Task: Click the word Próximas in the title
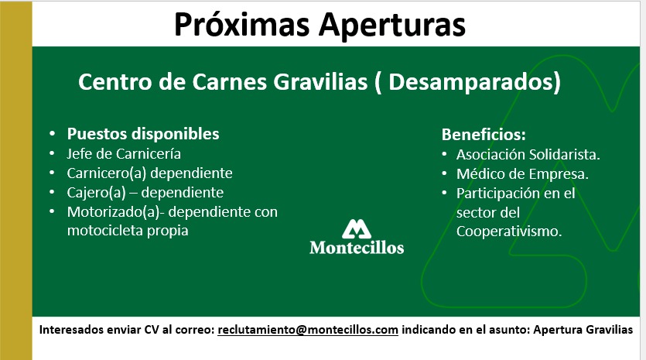[x=241, y=25]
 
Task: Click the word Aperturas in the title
[x=392, y=25]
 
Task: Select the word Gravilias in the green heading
[x=320, y=81]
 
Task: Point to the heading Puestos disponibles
[x=143, y=134]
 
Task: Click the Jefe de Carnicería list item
[x=124, y=153]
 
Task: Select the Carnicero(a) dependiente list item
[x=149, y=173]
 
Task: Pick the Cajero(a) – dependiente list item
[x=145, y=192]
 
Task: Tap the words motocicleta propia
[x=128, y=231]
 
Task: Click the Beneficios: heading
[x=484, y=135]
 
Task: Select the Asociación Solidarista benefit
[x=528, y=155]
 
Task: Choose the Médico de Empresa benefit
[x=522, y=174]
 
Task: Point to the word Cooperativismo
[x=509, y=231]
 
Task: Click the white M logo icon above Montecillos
[x=357, y=229]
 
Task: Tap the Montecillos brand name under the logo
[x=357, y=248]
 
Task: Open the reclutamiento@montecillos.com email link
[x=308, y=330]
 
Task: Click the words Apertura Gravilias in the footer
[x=583, y=330]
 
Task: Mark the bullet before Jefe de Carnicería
[x=52, y=154]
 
